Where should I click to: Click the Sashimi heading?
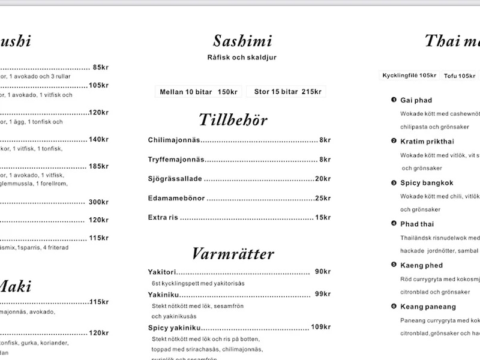242,41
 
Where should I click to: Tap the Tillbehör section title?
233,119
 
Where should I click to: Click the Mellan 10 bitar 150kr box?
199,92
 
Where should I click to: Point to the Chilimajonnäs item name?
173,140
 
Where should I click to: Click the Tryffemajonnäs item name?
176,159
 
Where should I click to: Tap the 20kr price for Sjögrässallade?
323,178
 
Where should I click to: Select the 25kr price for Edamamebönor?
323,197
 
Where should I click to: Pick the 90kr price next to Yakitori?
323,272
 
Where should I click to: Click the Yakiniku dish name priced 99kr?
161,294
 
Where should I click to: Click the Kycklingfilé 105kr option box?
410,76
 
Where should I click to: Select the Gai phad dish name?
416,100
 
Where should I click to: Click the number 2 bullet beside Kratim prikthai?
394,141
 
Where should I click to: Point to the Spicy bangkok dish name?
427,183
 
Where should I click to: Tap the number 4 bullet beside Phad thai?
394,224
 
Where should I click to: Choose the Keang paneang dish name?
428,307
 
